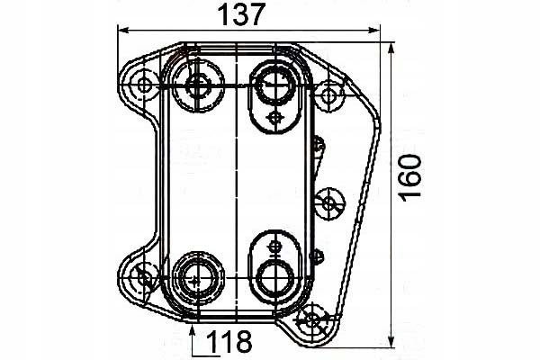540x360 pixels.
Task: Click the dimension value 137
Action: (242, 14)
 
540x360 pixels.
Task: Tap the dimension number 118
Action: (229, 341)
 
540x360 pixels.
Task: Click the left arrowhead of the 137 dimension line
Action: (123, 31)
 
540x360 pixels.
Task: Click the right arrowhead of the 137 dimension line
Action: (374, 31)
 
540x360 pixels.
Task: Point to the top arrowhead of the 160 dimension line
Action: (391, 49)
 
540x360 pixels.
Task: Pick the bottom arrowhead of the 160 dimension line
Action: (391, 342)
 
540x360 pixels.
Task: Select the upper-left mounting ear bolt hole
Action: (143, 85)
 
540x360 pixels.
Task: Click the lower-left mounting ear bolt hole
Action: (144, 278)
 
